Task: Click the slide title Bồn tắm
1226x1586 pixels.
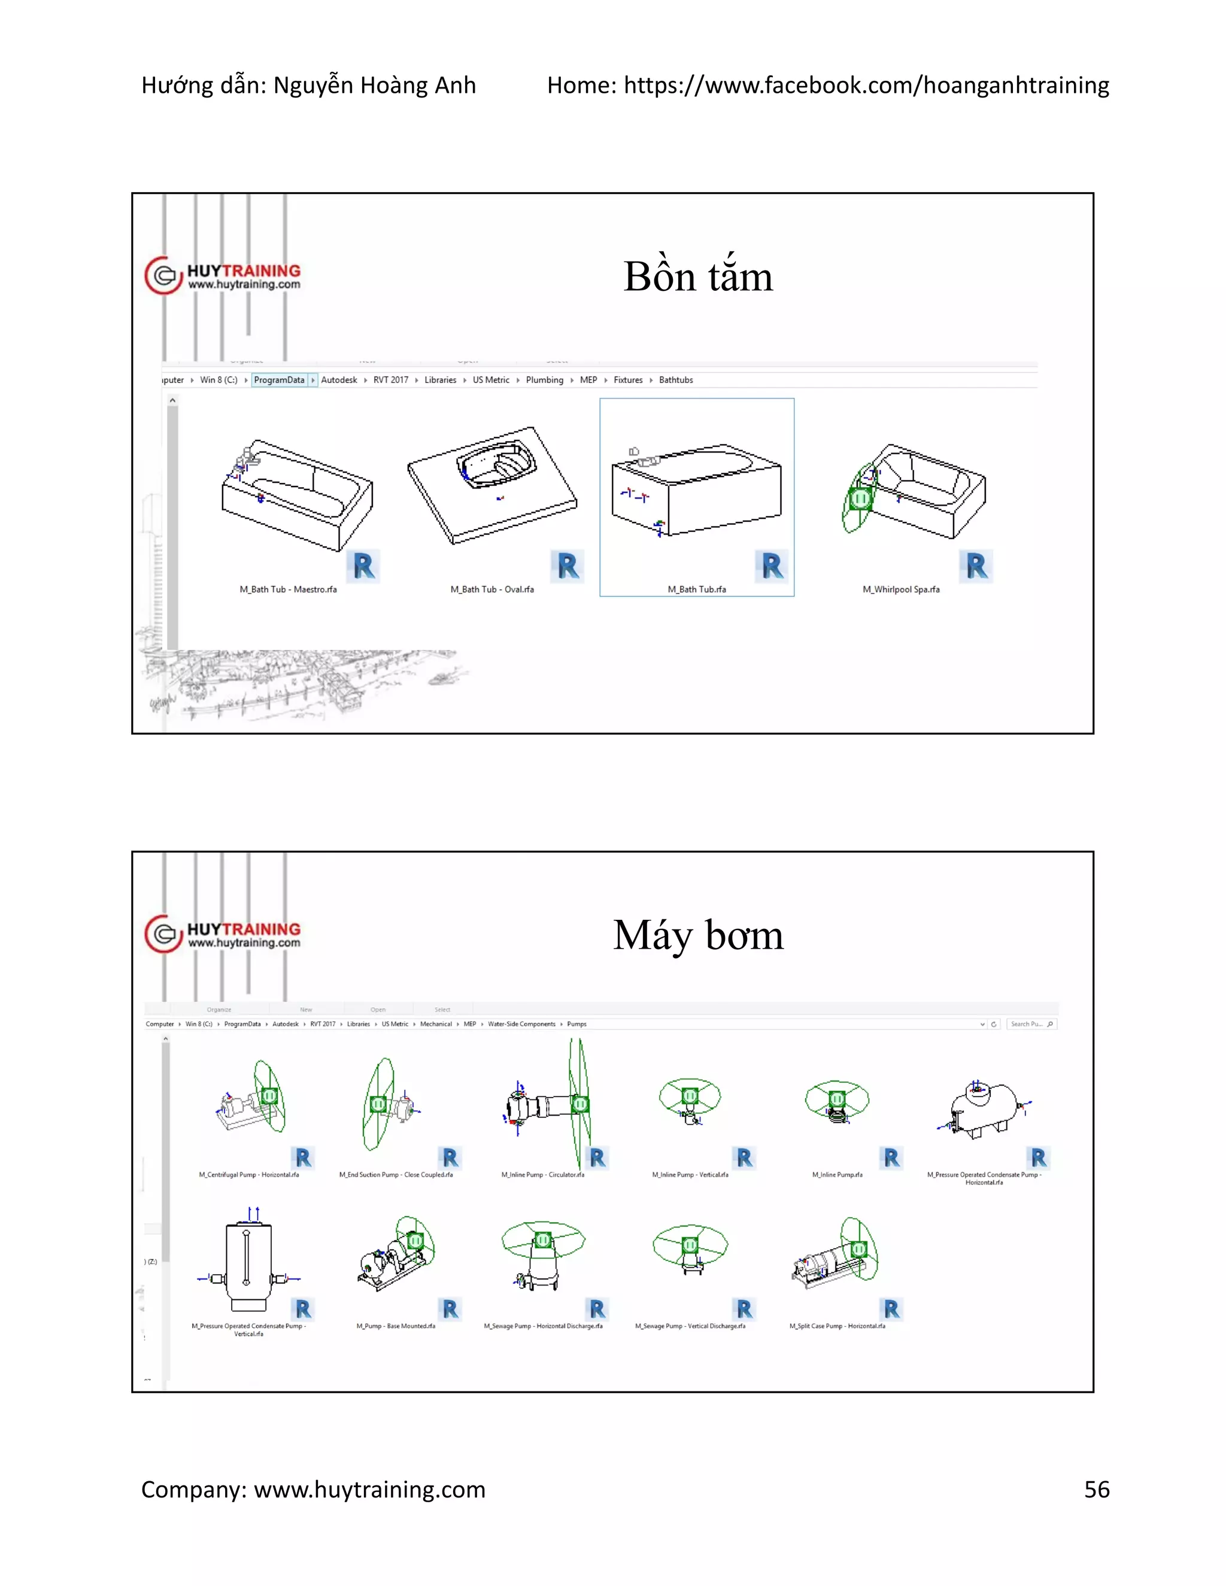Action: click(x=698, y=277)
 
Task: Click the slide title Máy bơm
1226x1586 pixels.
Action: click(x=698, y=935)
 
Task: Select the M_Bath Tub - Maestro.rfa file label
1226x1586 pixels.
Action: click(x=289, y=589)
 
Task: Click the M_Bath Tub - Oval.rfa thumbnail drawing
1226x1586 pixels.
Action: click(x=493, y=485)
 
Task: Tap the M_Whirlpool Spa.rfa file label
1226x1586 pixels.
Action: click(x=900, y=589)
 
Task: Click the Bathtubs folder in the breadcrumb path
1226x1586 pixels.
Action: click(x=675, y=380)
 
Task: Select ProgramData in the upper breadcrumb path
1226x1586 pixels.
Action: click(x=279, y=380)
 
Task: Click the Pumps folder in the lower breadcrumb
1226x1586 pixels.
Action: click(x=576, y=1024)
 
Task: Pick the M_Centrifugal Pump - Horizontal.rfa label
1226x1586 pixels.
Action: click(x=249, y=1174)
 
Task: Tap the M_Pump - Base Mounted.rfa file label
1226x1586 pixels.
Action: click(x=396, y=1326)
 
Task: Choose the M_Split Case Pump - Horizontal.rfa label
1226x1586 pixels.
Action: click(x=837, y=1326)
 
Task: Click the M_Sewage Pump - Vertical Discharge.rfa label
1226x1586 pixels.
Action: click(x=690, y=1326)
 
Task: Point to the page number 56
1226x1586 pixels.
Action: click(x=1096, y=1490)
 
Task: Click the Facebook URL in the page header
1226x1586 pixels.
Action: click(x=866, y=86)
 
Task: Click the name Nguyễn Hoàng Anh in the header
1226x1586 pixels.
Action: click(x=374, y=86)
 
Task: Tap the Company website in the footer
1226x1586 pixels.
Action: click(x=369, y=1490)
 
